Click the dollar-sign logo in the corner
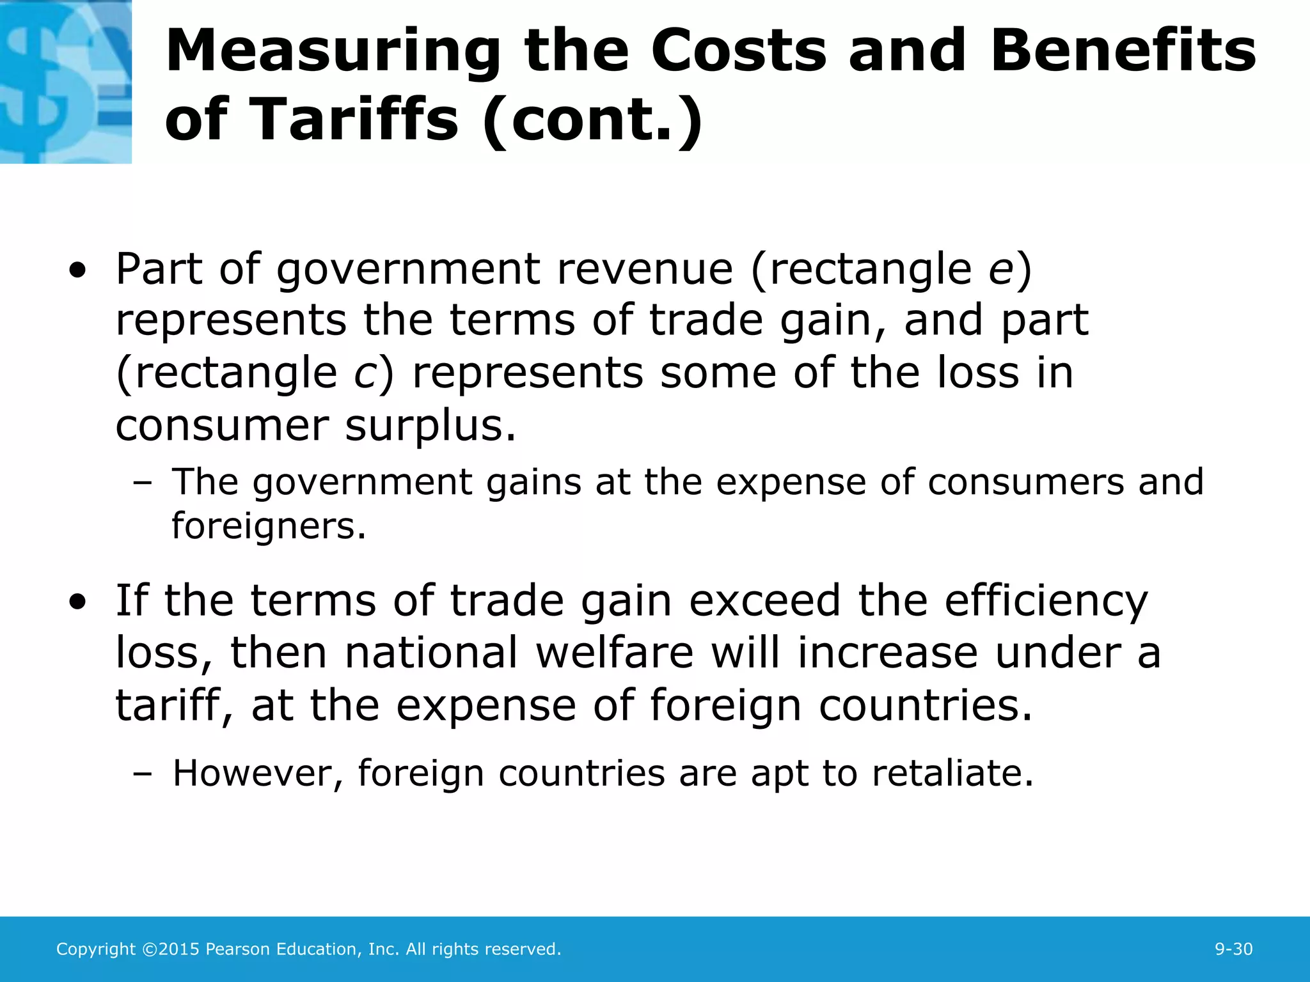65,81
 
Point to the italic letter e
1000,270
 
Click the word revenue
645,269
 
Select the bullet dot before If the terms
77,603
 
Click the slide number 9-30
1233,949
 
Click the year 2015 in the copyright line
180,949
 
